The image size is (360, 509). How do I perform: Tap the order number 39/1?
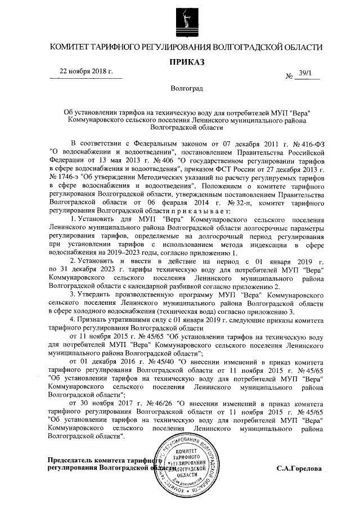pos(308,73)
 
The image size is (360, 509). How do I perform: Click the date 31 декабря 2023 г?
pos(92,270)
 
